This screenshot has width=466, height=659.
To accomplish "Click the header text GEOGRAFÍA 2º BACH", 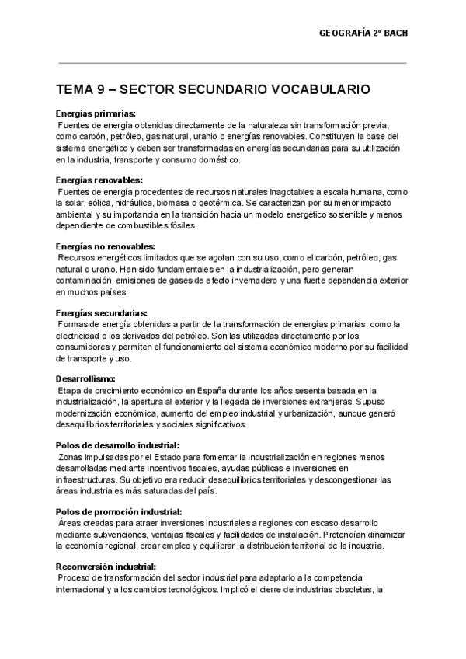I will click(363, 33).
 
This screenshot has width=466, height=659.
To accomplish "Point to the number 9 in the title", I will click(101, 90).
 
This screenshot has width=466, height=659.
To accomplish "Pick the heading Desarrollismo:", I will click(86, 378).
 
